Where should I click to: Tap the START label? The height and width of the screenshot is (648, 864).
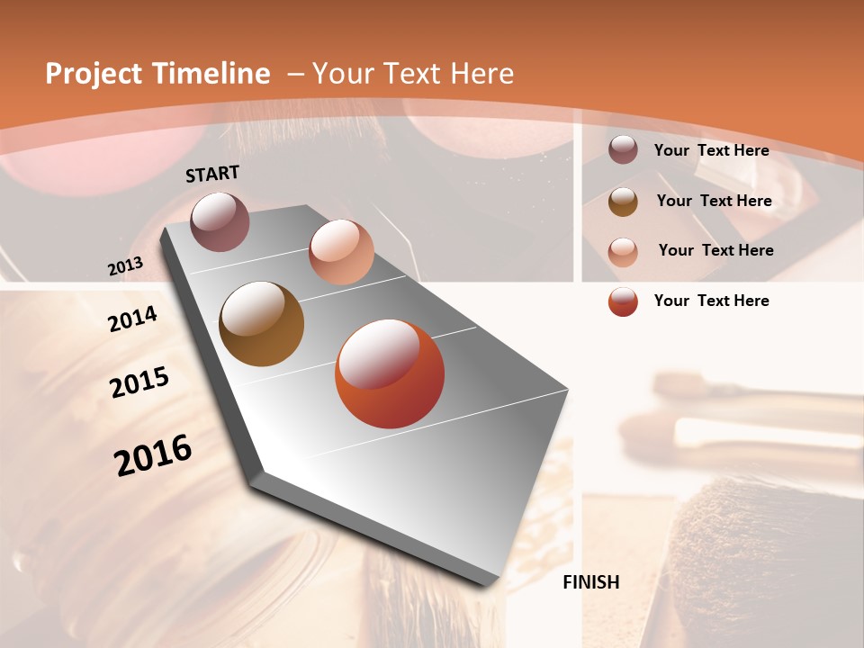[x=212, y=173]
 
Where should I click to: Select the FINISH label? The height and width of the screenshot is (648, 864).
[x=591, y=582]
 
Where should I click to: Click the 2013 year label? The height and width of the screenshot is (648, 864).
[x=126, y=266]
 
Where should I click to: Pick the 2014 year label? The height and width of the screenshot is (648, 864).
[x=132, y=319]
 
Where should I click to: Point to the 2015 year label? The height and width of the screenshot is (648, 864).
[x=139, y=382]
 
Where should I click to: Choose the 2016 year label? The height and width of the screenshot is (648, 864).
[x=153, y=454]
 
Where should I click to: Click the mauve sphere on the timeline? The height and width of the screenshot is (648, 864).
[x=220, y=221]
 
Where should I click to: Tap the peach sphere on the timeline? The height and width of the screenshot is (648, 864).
[x=341, y=251]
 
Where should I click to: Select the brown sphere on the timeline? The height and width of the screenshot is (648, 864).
[x=261, y=323]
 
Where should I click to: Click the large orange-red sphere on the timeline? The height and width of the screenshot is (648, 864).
[x=390, y=373]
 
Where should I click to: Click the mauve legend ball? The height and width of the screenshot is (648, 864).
[x=623, y=150]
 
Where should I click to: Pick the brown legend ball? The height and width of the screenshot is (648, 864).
[x=623, y=202]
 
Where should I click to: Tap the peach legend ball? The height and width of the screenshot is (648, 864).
[x=623, y=251]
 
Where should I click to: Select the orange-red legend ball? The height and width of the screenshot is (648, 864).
[x=623, y=301]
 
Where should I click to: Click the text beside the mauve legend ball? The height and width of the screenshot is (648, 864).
[x=711, y=150]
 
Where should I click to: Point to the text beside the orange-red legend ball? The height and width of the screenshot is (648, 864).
[x=711, y=301]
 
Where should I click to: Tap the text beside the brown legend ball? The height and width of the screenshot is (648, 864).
[x=714, y=201]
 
